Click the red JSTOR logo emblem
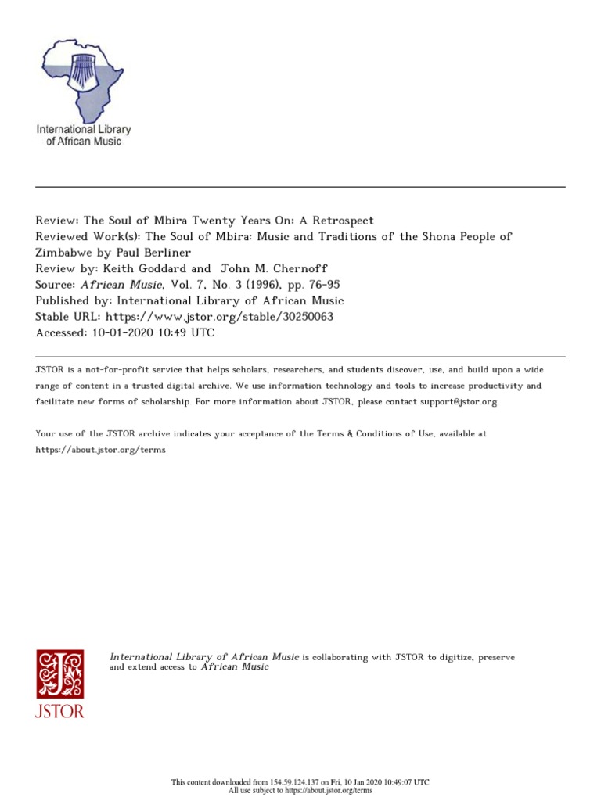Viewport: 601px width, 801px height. [59, 673]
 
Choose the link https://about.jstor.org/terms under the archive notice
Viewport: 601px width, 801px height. [101, 451]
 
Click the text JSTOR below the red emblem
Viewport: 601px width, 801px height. [59, 712]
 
